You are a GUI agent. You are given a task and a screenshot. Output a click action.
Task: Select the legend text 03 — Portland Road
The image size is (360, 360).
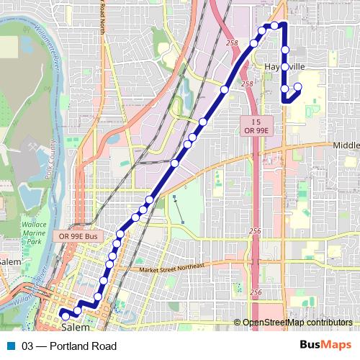(69, 346)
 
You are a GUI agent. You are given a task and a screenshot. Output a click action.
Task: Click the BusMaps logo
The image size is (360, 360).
(326, 346)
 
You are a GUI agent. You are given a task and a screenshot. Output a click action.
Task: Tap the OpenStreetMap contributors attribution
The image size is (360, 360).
(297, 323)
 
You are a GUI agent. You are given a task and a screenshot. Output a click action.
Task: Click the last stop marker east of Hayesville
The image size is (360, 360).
(297, 88)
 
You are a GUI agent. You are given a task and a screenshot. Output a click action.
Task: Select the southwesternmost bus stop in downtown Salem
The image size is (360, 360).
(66, 315)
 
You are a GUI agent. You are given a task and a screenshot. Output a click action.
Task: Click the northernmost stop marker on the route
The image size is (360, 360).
(274, 26)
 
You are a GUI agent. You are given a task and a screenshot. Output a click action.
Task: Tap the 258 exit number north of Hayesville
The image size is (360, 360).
(231, 44)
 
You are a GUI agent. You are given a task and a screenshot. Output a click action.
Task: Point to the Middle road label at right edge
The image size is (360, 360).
(346, 145)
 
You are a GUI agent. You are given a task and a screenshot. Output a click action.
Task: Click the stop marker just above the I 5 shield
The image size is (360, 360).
(225, 90)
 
